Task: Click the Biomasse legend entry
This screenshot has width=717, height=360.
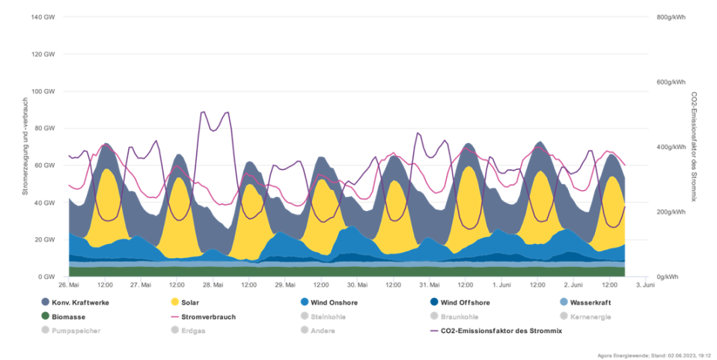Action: [x=64, y=317]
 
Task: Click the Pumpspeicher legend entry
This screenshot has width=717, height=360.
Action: [x=72, y=330]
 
